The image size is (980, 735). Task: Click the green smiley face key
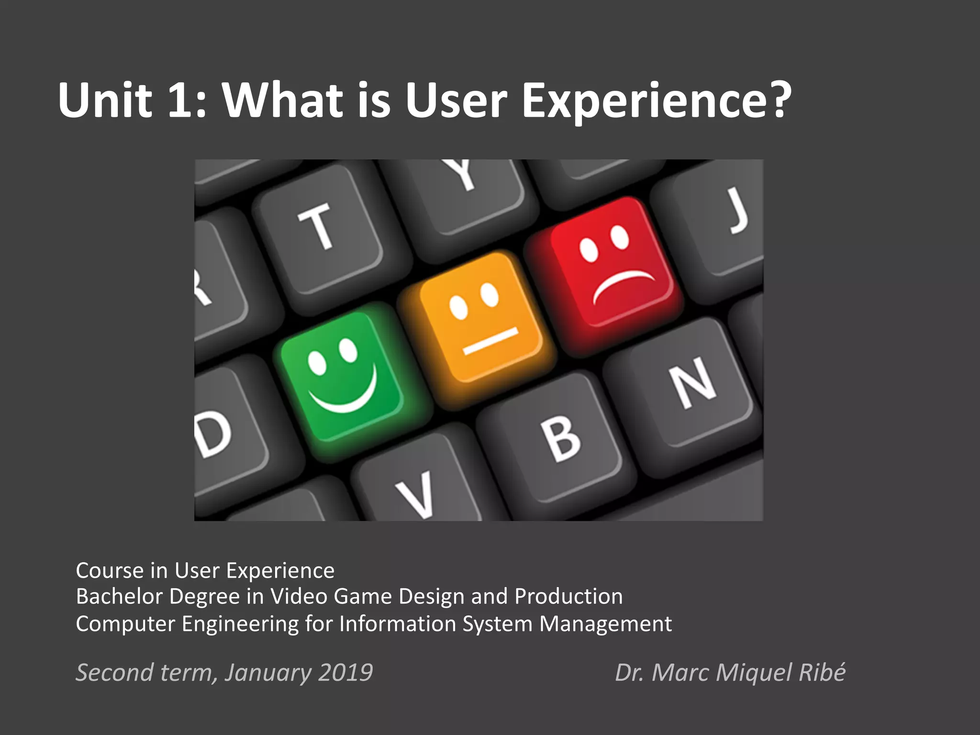[341, 376]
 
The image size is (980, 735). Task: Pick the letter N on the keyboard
[694, 383]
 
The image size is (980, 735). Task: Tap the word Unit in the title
[105, 100]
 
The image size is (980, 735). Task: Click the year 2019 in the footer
[345, 672]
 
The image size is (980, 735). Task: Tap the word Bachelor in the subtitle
[120, 597]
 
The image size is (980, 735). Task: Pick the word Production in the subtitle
[568, 597]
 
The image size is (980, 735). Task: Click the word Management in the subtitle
[605, 624]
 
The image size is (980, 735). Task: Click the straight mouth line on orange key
[490, 341]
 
